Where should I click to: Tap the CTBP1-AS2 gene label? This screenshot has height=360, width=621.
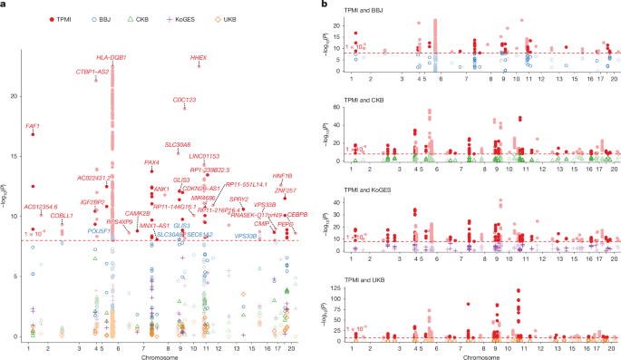pyautogui.click(x=92, y=71)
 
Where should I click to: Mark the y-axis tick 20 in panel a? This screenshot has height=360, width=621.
pyautogui.click(x=14, y=94)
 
